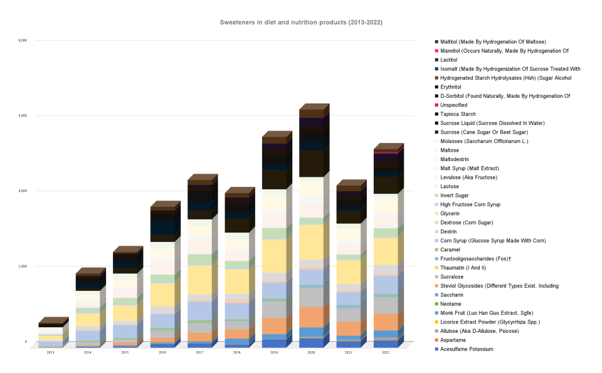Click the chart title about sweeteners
coord(301,23)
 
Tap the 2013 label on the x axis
coord(50,352)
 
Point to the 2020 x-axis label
coord(311,352)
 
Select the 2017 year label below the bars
coord(199,352)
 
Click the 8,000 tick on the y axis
coord(23,41)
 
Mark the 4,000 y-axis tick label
coord(23,191)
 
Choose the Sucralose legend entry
coord(460,276)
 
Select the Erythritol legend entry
coord(460,87)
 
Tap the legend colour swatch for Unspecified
coord(437,105)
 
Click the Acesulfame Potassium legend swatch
coord(437,349)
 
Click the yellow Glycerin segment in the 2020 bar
coord(311,241)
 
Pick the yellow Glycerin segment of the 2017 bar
coord(199,280)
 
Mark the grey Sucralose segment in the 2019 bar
coord(274,310)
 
